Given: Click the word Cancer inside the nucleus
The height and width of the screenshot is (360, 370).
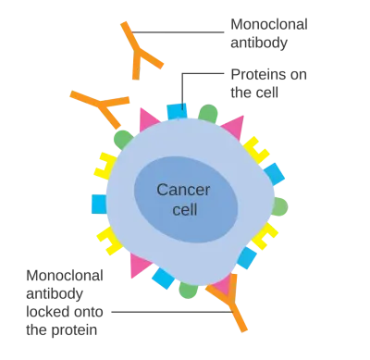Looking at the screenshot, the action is [183, 190].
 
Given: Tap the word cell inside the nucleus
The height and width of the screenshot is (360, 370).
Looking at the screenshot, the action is [185, 209].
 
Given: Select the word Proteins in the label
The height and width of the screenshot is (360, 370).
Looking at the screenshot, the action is [257, 74].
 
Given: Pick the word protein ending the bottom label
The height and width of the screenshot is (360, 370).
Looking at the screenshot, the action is [74, 330].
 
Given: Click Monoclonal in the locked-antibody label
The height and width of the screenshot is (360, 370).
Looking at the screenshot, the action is [65, 276].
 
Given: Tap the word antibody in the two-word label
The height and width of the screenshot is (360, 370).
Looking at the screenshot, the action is [259, 43].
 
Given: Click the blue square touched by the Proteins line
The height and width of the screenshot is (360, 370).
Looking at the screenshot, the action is [177, 111].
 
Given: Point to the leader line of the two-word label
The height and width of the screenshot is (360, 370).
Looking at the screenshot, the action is [177, 31].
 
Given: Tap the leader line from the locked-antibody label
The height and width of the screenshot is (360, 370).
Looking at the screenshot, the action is [172, 312].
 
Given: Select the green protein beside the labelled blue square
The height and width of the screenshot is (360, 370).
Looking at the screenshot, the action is [208, 113].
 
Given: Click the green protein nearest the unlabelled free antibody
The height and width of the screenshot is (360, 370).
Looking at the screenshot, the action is [123, 139].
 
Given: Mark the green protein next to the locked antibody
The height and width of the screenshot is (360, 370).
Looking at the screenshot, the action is [188, 290].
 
